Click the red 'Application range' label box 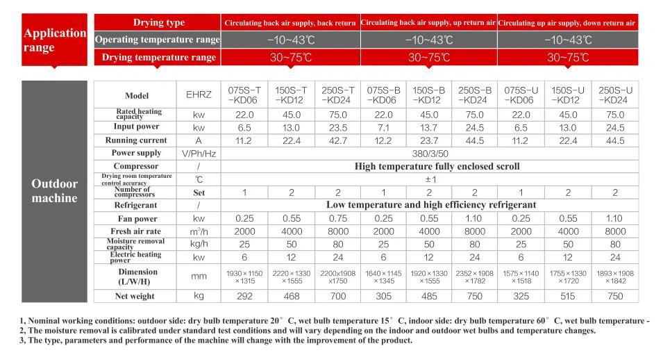click(x=55, y=40)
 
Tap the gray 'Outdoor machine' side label click(x=55, y=190)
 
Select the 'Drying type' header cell click(x=158, y=23)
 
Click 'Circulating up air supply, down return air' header click(x=567, y=23)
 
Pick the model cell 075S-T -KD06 click(x=244, y=95)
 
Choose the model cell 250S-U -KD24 click(x=615, y=95)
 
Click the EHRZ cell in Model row click(x=198, y=95)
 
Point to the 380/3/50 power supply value click(x=430, y=153)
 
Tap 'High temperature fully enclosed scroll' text click(x=437, y=166)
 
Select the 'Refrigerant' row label click(x=136, y=205)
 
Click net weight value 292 click(x=244, y=296)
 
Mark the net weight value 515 click(x=568, y=296)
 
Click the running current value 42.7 click(x=337, y=140)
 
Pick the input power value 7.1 click(x=383, y=127)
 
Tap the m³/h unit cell click(x=198, y=231)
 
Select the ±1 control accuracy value click(x=430, y=179)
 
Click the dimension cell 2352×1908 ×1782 click(x=475, y=277)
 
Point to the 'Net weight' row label click(x=136, y=296)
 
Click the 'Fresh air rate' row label click(x=136, y=231)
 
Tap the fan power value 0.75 click(x=337, y=218)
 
